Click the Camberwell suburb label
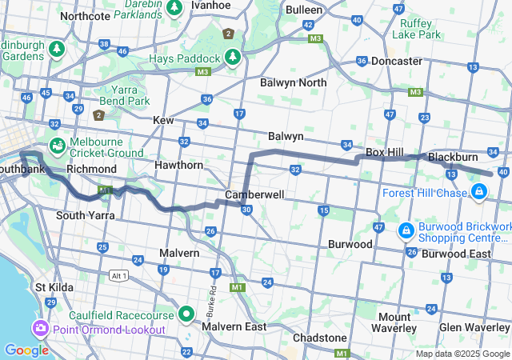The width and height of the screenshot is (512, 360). tap(254, 194)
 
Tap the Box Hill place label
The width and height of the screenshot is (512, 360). tap(386, 152)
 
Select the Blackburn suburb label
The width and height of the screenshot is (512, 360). tap(453, 157)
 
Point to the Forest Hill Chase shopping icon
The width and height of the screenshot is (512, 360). tap(478, 191)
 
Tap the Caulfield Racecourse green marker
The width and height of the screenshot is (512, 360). tap(186, 314)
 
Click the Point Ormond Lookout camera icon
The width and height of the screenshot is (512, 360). tap(39, 329)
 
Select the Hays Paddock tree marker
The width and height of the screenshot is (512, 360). tap(232, 57)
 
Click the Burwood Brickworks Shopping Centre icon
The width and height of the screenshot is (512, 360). tap(406, 230)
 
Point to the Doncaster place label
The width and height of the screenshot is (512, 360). tap(396, 61)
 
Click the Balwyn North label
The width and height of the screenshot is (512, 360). tap(293, 82)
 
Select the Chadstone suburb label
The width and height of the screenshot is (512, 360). tap(319, 338)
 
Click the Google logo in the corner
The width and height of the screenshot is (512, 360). tap(26, 350)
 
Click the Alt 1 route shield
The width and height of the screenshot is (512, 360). tap(118, 275)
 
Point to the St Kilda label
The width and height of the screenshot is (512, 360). tap(53, 286)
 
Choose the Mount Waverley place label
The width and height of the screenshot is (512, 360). tap(393, 322)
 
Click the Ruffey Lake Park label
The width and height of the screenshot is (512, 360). tap(420, 29)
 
